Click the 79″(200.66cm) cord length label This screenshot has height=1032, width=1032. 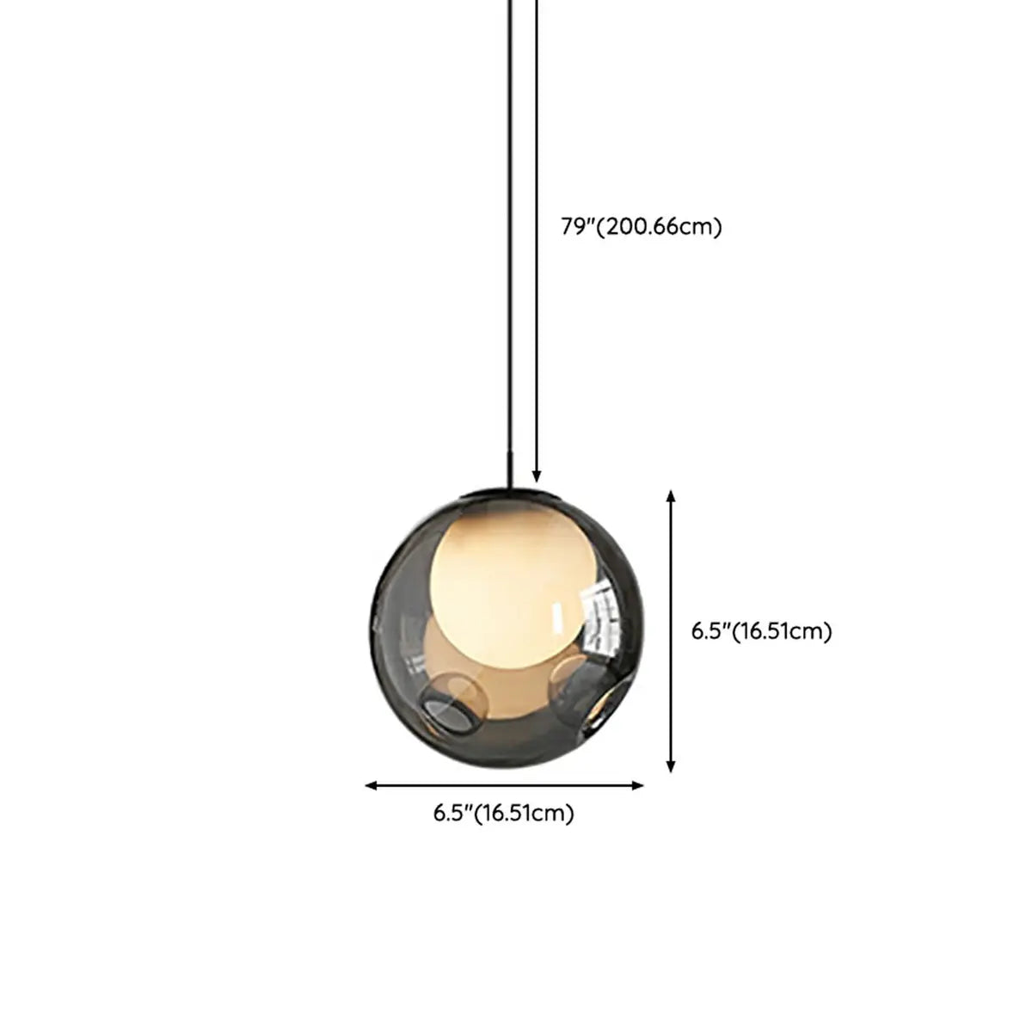[x=641, y=227]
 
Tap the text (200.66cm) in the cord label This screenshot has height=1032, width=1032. [x=660, y=227]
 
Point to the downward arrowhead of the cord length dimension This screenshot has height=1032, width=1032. [x=537, y=476]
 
